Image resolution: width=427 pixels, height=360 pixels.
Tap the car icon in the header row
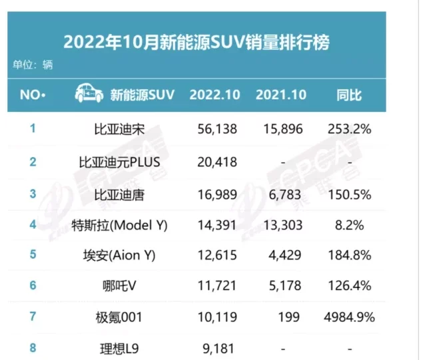(x=88, y=94)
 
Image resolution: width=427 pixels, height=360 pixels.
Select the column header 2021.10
(x=280, y=94)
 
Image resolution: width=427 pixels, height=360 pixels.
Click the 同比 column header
(x=350, y=94)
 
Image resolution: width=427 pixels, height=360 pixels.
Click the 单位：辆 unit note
(x=32, y=65)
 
